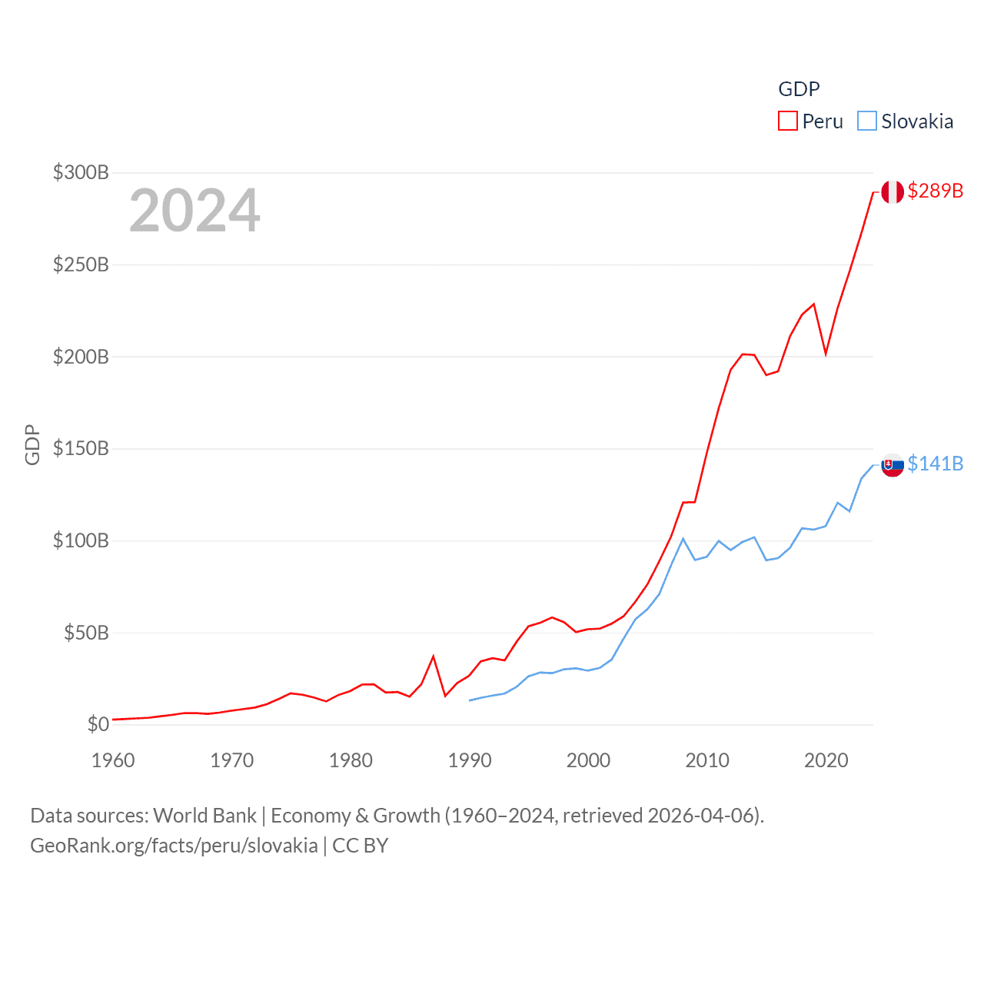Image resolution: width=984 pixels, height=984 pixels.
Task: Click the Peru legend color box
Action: coord(787,121)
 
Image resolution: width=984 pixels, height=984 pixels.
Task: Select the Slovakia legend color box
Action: coord(866,121)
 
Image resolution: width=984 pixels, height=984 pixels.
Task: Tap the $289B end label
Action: coord(935,191)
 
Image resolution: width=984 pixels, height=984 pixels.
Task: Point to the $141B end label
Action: coord(935,464)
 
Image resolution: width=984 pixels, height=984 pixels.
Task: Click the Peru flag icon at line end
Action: coord(893,191)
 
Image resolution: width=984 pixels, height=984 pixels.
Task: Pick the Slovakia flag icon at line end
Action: coord(893,464)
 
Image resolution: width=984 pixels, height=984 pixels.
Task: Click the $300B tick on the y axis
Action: coord(81,172)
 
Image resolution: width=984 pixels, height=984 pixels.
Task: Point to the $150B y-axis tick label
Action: coord(81,448)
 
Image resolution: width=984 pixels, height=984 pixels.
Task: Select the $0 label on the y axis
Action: coord(98,724)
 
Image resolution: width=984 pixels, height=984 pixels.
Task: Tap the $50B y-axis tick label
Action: coord(86,633)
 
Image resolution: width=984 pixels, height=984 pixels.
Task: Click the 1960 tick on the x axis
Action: coord(113,760)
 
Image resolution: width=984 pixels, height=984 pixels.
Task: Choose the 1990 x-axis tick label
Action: coord(470,760)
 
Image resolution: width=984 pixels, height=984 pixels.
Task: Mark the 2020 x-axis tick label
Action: coord(826,760)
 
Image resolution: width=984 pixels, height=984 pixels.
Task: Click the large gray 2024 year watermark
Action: coord(194,211)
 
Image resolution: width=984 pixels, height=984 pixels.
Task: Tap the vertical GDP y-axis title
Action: coord(32,444)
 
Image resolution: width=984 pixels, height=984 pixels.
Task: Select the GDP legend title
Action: coord(799,89)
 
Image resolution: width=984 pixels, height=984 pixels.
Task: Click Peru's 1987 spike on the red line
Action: coord(434,657)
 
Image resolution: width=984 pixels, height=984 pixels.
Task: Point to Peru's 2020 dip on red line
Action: coord(826,354)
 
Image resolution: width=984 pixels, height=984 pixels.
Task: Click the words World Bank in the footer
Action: coord(204,816)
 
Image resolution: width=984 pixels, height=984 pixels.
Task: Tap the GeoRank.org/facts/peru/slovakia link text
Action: coord(174,846)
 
